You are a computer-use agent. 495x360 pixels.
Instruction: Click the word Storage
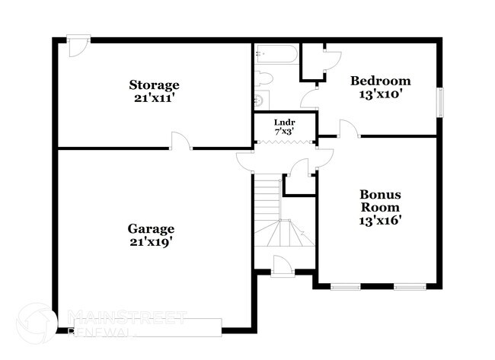(x=154, y=84)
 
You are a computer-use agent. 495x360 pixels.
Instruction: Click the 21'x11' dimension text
(x=154, y=97)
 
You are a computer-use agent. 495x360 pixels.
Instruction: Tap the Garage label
(x=152, y=228)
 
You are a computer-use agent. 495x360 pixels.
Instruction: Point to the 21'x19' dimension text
(x=152, y=242)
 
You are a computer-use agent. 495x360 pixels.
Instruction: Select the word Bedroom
(x=380, y=81)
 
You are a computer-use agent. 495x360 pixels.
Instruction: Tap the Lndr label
(x=285, y=122)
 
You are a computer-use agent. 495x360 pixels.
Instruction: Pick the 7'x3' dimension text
(x=285, y=132)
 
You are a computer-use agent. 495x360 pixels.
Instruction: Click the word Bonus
(x=380, y=194)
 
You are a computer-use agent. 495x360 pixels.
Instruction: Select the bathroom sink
(x=260, y=99)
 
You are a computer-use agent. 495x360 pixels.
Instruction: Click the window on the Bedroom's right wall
(x=439, y=103)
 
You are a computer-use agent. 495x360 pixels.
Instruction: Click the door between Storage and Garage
(x=180, y=142)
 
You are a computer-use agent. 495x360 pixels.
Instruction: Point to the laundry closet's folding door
(x=285, y=141)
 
